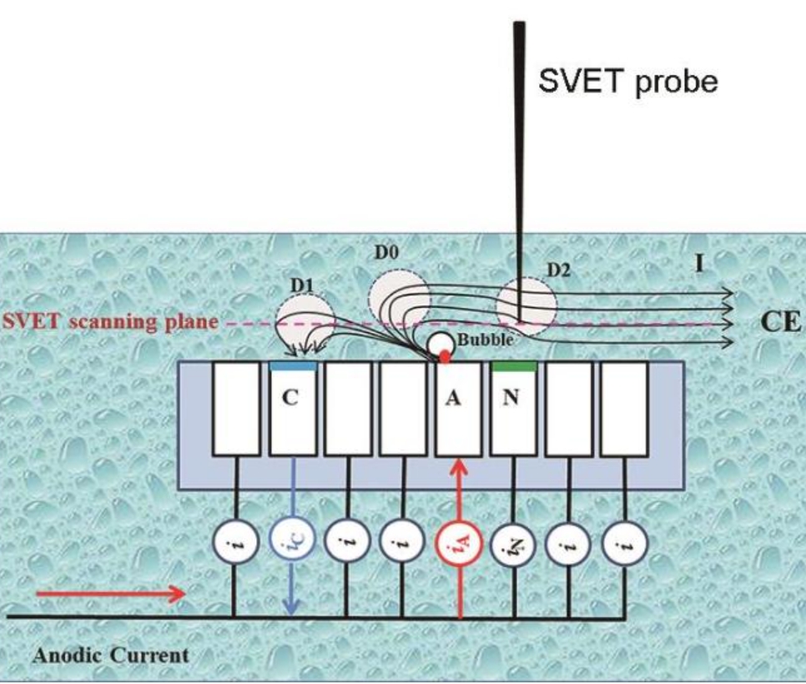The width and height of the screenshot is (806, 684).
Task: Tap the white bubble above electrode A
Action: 441,342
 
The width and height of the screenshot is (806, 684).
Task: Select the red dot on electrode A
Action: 445,357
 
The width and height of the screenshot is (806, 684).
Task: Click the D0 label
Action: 385,253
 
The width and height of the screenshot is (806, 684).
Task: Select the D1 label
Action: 302,284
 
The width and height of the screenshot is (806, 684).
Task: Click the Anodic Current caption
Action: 111,655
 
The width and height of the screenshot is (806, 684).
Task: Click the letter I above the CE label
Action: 699,265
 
